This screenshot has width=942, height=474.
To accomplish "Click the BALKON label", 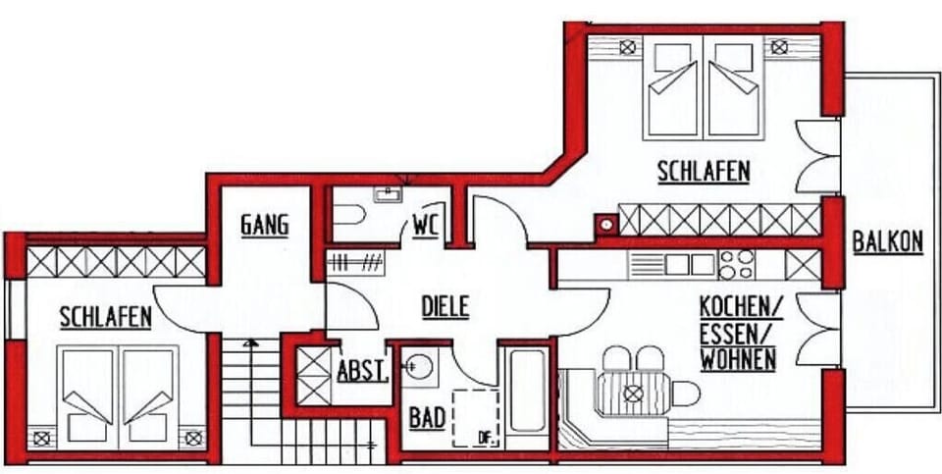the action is pos(887,242).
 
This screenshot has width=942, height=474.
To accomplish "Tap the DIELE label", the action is pos(445,307).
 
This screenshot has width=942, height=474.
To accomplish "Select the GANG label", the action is pos(265,226).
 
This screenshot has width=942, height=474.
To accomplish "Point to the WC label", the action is pos(427,227).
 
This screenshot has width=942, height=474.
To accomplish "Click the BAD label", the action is pos(427,418).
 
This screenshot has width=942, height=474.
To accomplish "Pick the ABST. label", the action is pos(363,371).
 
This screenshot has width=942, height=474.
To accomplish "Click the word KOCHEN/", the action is pos(742,307).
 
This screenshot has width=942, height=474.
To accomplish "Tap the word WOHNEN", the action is pos(738,360).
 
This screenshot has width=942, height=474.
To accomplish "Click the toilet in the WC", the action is pos(349,215).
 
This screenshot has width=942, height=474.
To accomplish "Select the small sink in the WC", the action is pos(389,194).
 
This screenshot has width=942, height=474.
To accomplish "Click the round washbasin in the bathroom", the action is pos(419,366).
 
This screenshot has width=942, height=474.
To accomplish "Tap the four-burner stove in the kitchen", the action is pos(737,265).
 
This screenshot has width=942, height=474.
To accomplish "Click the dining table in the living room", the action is pos(633,394).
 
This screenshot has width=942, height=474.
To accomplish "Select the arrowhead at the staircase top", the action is pos(251,343).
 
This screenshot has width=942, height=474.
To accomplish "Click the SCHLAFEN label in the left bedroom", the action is pos(106,317).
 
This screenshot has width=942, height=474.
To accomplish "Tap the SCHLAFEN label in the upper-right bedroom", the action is pos(705,171).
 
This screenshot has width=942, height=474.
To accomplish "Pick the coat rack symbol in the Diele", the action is pos(355,264).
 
